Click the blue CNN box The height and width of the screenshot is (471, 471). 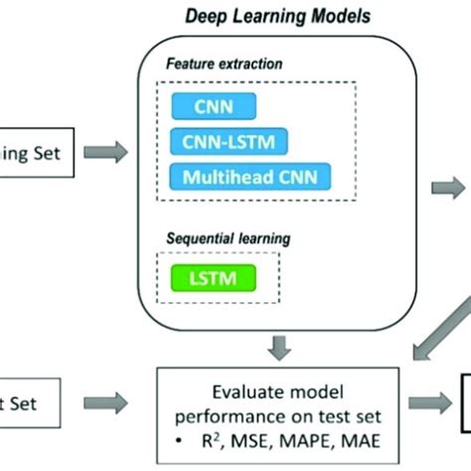[214, 106]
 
